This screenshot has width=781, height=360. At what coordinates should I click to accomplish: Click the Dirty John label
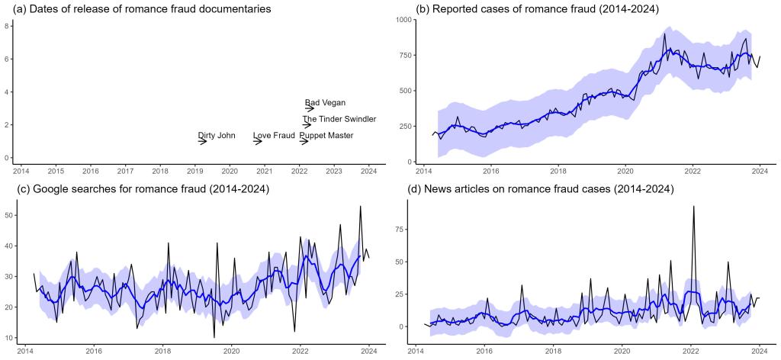217,136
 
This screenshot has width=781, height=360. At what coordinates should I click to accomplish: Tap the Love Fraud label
274,136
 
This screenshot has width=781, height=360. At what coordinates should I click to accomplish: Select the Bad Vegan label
325,103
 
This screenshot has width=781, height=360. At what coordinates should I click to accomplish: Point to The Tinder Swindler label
339,119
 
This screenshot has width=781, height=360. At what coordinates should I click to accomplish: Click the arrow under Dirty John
203,141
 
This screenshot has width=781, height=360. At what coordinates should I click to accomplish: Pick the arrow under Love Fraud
259,141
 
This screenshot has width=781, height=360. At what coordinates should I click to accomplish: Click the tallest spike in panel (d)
693,206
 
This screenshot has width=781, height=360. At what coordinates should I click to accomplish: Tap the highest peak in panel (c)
360,206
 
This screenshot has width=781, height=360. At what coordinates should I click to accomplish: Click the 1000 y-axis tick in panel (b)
401,19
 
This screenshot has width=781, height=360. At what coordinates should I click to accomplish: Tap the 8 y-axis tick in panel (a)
7,26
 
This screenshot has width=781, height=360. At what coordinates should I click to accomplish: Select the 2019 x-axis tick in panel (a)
195,170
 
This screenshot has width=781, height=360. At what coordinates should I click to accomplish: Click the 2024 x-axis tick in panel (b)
760,170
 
